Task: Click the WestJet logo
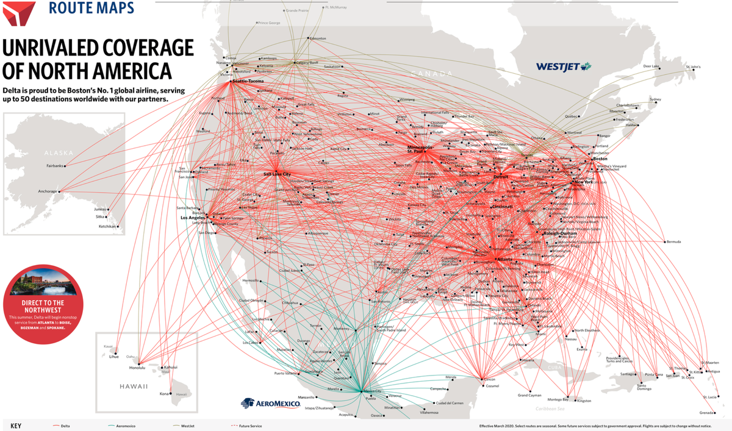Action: pyautogui.click(x=564, y=66)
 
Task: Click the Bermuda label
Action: pyautogui.click(x=674, y=241)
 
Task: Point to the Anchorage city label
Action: pyautogui.click(x=47, y=191)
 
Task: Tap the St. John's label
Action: pyautogui.click(x=694, y=66)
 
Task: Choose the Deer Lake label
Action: pyautogui.click(x=651, y=66)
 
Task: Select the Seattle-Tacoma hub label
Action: pyautogui.click(x=247, y=82)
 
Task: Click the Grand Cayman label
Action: pyautogui.click(x=529, y=395)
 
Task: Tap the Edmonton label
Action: pyautogui.click(x=318, y=38)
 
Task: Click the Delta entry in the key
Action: pyautogui.click(x=65, y=426)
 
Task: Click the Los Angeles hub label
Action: pyautogui.click(x=192, y=217)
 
